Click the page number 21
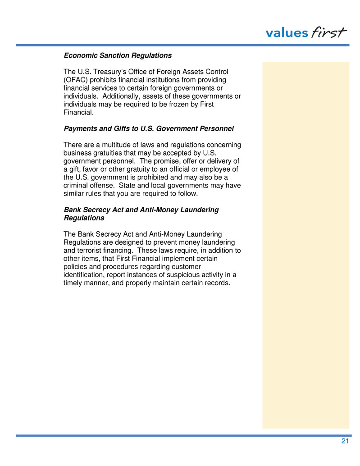pos(345,441)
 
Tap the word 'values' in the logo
pos(287,33)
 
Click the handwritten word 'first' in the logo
pos(329,32)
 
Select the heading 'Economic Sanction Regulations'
pos(118,56)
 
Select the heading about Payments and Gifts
pos(149,129)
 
